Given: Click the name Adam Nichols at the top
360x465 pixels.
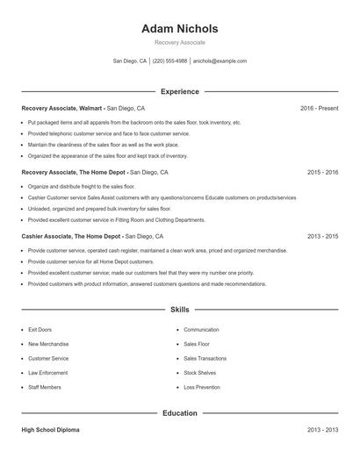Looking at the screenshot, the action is tap(179, 29).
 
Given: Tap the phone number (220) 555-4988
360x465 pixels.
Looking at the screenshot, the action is tap(169, 61).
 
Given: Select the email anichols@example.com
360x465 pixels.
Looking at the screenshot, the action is tap(220, 61).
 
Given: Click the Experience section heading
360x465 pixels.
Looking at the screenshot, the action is tap(180, 91).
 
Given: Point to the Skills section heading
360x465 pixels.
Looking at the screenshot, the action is tap(180, 310).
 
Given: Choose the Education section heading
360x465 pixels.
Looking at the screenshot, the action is tap(180, 412).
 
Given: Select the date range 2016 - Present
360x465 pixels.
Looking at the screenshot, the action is tap(319, 108).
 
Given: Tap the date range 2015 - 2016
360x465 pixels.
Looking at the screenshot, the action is tap(322, 173).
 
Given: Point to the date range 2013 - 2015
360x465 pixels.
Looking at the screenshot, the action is tap(322, 236).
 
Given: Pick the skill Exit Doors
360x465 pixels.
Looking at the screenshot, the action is tap(40, 330).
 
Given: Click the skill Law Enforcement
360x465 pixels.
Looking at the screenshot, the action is tap(47, 372).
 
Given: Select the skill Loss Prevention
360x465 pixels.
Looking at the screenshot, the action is tap(201, 386).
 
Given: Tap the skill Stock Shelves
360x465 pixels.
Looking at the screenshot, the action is tap(199, 372).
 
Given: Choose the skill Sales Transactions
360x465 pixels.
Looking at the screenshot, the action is tap(205, 358).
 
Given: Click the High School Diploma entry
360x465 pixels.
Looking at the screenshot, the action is tap(52, 430).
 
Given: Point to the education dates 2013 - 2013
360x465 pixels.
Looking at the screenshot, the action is tap(322, 430).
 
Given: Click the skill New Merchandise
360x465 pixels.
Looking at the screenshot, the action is tap(48, 344).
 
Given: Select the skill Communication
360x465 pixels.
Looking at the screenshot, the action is tap(201, 330).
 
